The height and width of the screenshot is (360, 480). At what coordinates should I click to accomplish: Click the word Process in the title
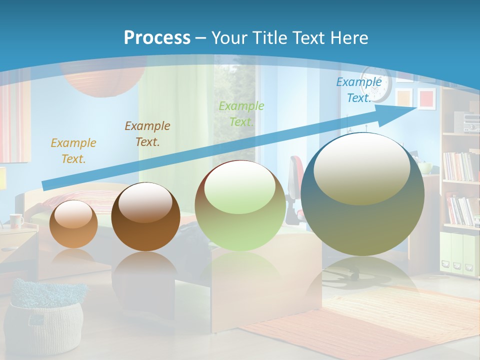pyautogui.click(x=157, y=38)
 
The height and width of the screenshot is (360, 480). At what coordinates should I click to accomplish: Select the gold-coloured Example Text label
pyautogui.click(x=73, y=151)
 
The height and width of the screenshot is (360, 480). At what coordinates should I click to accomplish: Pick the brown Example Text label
pyautogui.click(x=147, y=133)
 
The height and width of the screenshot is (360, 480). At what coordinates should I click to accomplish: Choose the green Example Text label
pyautogui.click(x=241, y=113)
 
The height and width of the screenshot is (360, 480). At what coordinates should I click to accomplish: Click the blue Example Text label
pyautogui.click(x=358, y=90)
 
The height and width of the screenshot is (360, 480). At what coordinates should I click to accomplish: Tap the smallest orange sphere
pyautogui.click(x=74, y=224)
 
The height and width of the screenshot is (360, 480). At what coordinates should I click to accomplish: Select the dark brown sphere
pyautogui.click(x=145, y=216)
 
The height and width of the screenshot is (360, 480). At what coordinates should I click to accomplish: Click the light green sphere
pyautogui.click(x=240, y=205)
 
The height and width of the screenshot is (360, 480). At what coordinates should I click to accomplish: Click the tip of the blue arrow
pyautogui.click(x=415, y=108)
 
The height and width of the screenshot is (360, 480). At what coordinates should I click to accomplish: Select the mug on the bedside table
pyautogui.click(x=16, y=220)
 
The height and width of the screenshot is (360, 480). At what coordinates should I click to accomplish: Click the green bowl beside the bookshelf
pyautogui.click(x=425, y=168)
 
